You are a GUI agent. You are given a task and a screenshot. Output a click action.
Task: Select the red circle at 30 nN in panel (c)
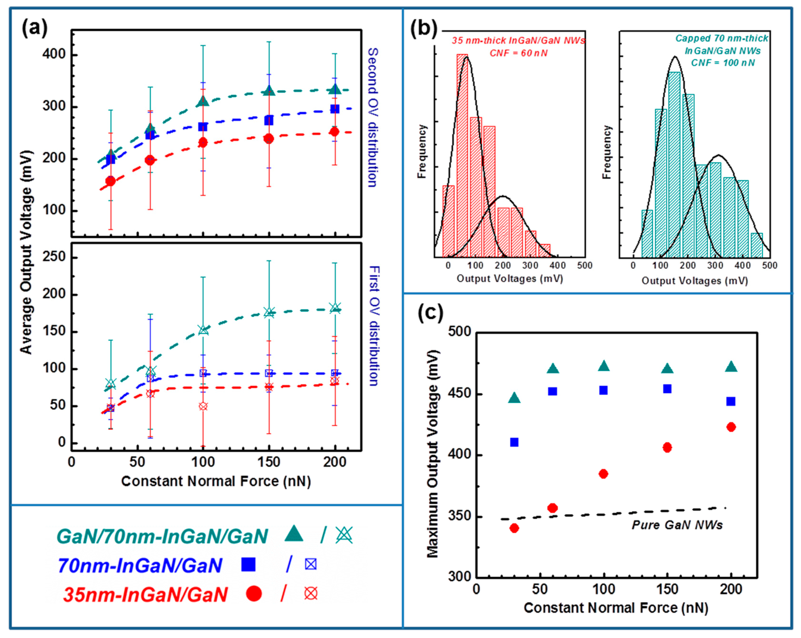pos(514,528)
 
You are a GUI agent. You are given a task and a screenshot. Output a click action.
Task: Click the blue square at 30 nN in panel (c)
pos(514,442)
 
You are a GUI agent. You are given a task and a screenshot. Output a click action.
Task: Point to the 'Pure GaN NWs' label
pos(677,525)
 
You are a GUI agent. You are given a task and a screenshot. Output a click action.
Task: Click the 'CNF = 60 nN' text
pos(518,53)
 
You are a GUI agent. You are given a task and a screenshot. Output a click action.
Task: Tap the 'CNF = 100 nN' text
pos(723,63)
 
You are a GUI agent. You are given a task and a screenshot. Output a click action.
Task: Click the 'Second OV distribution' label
pos(373,117)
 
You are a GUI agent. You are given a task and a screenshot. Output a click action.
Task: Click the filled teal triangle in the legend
pos(294,534)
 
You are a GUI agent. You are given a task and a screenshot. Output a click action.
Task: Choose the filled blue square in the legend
pos(248,564)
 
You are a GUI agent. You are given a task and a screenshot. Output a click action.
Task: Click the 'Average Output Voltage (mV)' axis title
pos(26,252)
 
